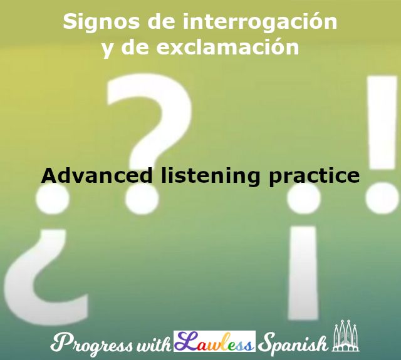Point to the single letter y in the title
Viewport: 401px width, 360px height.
[107, 49]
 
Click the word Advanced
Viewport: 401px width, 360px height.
[96, 175]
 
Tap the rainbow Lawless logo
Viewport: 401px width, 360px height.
[214, 342]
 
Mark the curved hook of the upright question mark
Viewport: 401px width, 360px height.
[150, 119]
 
